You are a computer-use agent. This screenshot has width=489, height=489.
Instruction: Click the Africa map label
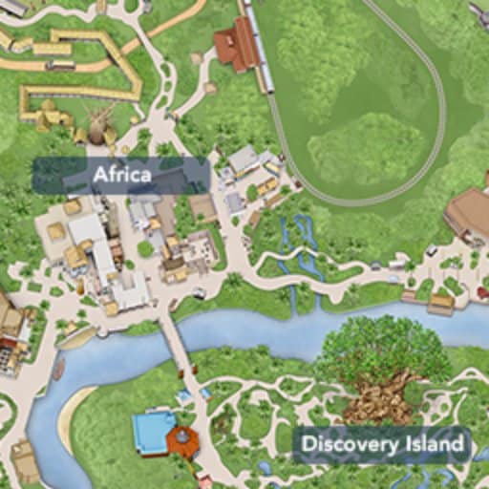[x=121, y=175]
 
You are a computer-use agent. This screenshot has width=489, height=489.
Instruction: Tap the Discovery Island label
[x=381, y=444]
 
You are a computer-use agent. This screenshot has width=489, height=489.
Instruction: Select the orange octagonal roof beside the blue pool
[x=182, y=441]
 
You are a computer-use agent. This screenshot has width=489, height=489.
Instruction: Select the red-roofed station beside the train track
[x=235, y=45]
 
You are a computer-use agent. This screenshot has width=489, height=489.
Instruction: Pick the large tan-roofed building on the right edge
[x=470, y=210]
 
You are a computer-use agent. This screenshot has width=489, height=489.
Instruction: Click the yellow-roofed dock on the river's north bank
[x=440, y=304]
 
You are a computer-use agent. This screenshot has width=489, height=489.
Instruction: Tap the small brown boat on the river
[x=58, y=368]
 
